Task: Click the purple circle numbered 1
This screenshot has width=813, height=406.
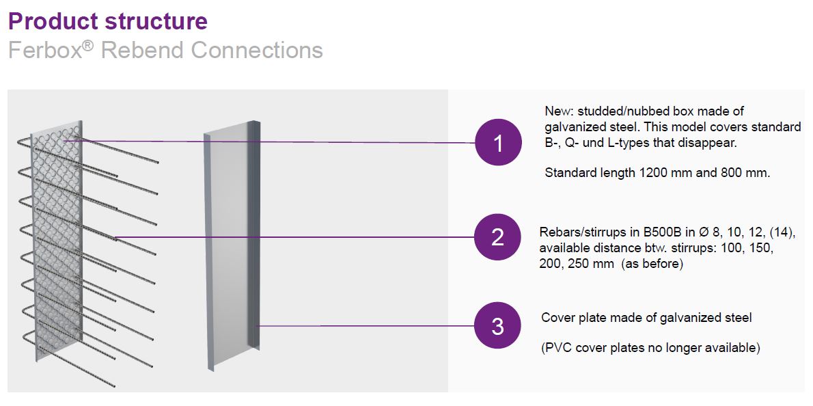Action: point(498,143)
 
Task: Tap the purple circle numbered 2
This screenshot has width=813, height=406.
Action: point(498,237)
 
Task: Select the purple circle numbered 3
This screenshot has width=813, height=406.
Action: point(498,326)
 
